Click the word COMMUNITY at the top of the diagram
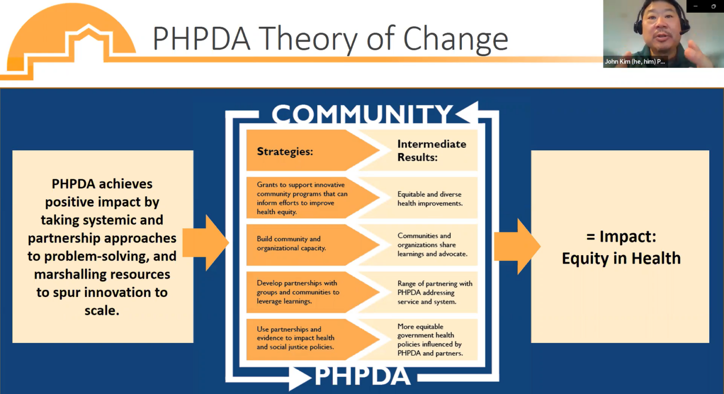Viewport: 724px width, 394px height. (x=362, y=114)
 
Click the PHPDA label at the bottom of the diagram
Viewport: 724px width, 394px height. (x=362, y=376)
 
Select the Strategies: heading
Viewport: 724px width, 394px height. (x=285, y=151)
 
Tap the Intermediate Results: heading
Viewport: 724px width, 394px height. (x=431, y=150)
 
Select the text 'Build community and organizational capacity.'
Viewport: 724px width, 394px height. (x=291, y=243)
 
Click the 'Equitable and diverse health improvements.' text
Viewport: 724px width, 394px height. (x=429, y=199)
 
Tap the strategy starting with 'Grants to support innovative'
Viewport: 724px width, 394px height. (x=302, y=198)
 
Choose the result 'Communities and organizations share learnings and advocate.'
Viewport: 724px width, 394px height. (x=432, y=244)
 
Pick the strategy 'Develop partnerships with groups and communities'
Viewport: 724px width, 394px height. (x=297, y=292)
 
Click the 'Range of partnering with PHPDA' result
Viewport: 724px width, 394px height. (x=434, y=292)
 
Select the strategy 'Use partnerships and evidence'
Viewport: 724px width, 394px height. (x=295, y=338)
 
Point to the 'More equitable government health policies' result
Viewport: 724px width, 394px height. (x=429, y=339)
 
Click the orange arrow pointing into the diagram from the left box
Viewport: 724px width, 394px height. (x=207, y=242)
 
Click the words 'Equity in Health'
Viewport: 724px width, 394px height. (x=621, y=258)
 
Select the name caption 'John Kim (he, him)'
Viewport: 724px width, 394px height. (x=634, y=62)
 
